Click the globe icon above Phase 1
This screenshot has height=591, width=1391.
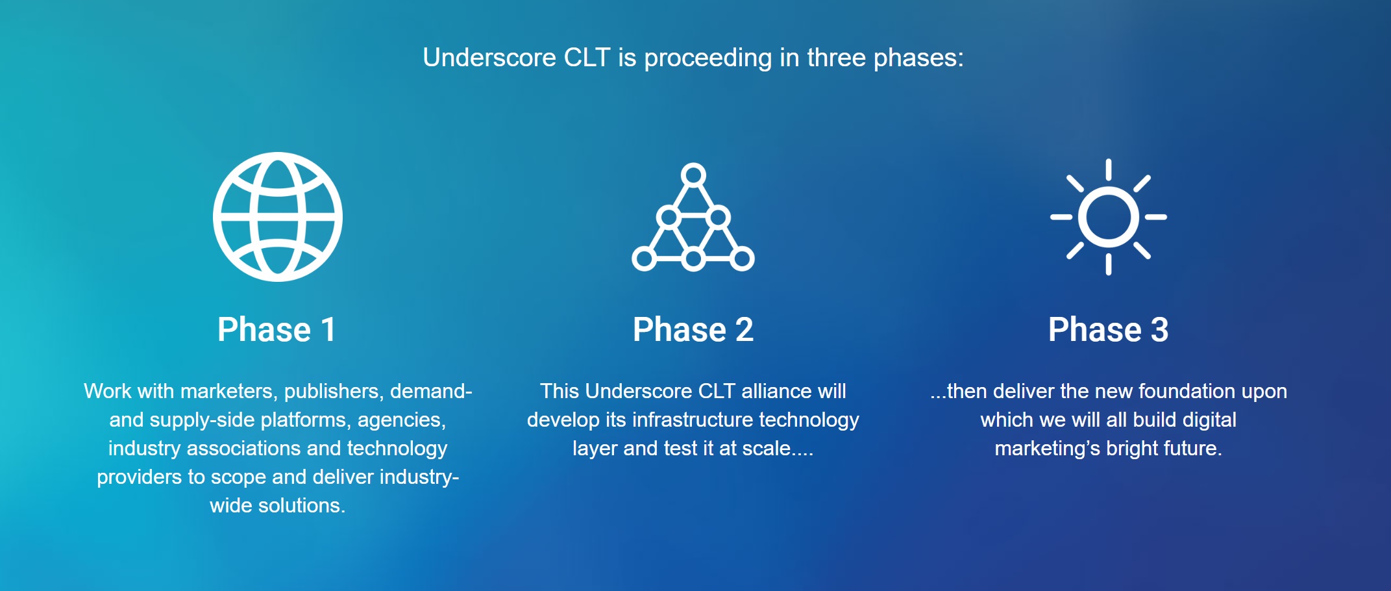[x=278, y=217]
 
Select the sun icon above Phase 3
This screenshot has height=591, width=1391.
[x=1109, y=217]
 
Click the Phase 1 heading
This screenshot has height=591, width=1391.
[x=277, y=329]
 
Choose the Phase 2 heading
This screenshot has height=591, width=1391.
[x=693, y=329]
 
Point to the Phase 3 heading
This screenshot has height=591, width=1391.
[x=1109, y=329]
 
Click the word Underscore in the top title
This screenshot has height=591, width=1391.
[x=489, y=58]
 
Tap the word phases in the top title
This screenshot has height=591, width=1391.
[x=918, y=58]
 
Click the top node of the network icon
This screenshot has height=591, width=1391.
[x=693, y=175]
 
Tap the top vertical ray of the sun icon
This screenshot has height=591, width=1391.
[x=1109, y=170]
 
